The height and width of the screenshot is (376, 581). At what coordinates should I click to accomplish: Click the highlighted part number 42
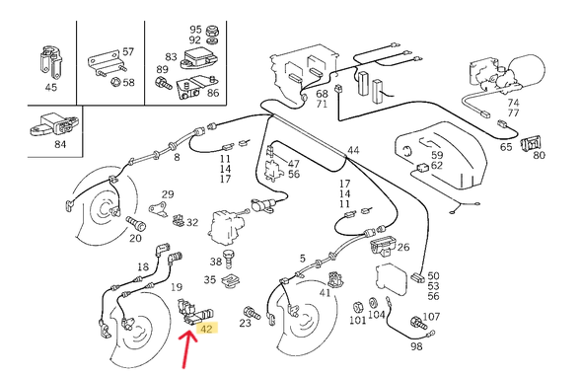[x=206, y=329]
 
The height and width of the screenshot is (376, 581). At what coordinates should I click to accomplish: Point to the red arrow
[x=189, y=350]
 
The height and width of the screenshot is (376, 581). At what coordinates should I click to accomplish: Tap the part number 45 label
[x=50, y=88]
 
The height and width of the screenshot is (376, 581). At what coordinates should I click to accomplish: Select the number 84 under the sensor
[x=60, y=144]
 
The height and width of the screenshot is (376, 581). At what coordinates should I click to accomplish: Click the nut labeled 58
[x=114, y=81]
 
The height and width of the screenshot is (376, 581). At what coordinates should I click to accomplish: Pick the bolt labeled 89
[x=164, y=83]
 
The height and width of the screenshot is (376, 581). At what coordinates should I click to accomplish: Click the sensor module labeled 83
[x=199, y=59]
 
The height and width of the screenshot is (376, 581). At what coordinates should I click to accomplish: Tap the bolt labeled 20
[x=136, y=222]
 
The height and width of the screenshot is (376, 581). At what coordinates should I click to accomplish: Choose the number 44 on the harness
[x=353, y=150]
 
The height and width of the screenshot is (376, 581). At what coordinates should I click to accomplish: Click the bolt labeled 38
[x=230, y=259]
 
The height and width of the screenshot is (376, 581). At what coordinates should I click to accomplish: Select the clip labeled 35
[x=231, y=280]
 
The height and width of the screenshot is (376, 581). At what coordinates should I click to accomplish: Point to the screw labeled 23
[x=252, y=314]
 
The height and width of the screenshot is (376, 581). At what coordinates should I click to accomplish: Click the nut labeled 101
[x=357, y=307]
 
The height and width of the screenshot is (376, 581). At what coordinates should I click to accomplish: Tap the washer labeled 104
[x=373, y=303]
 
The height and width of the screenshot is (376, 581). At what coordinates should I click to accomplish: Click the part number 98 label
[x=416, y=346]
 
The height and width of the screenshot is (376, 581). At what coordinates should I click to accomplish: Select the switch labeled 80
[x=531, y=143]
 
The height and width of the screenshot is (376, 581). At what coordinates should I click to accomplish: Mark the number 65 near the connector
[x=506, y=147]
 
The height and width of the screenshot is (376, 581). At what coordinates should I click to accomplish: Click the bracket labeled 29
[x=159, y=208]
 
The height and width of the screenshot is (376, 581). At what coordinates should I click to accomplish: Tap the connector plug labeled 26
[x=383, y=245]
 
